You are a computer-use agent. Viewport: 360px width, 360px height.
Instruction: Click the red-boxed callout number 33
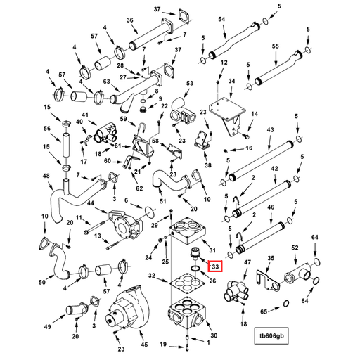click(x=215, y=266)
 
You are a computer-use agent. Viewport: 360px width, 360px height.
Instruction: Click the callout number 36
click(x=129, y=20)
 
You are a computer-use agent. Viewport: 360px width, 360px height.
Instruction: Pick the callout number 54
click(x=221, y=19)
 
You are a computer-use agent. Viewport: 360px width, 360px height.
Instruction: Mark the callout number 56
click(x=47, y=129)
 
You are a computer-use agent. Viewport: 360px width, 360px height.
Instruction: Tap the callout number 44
click(x=90, y=203)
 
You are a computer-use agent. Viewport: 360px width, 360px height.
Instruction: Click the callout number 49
click(x=47, y=328)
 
